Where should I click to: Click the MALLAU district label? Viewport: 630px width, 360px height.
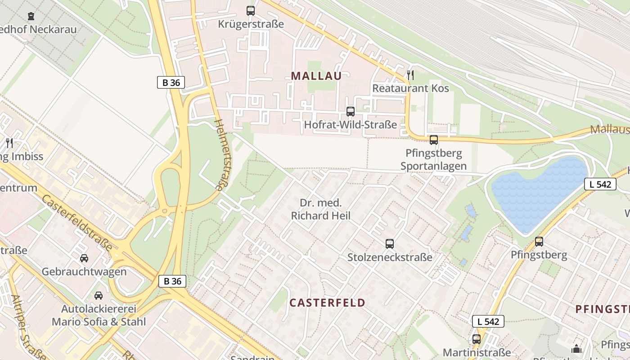point(316,76)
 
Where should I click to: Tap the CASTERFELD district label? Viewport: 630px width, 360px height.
point(327,302)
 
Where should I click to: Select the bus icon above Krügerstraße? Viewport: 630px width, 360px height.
point(251,11)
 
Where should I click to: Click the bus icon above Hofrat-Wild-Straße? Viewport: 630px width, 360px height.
point(351,112)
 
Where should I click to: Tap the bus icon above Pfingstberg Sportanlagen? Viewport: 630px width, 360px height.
point(434,140)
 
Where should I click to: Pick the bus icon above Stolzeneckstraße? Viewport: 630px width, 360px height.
point(390,244)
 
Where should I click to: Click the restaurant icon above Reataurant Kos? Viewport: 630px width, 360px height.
point(410,75)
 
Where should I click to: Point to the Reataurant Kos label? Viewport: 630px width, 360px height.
point(410,88)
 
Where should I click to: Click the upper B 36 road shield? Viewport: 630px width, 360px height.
point(171,82)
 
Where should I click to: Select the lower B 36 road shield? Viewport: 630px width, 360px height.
point(172,281)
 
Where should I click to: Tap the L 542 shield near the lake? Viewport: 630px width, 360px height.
point(600,184)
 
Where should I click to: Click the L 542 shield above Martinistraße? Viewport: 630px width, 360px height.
point(488,321)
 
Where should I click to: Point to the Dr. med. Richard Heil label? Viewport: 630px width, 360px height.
point(320,209)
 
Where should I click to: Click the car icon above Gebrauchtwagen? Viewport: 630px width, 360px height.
point(84,258)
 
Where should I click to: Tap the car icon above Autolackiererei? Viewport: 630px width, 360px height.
point(99,296)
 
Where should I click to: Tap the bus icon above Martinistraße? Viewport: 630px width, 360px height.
point(477,339)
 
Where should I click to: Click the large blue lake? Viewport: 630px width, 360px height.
point(538,193)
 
